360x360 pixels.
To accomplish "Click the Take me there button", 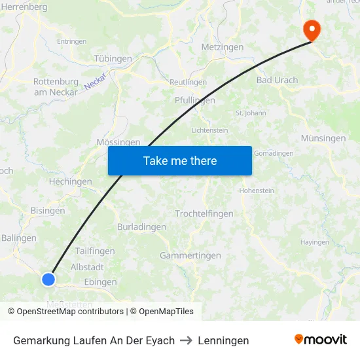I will click(x=180, y=160).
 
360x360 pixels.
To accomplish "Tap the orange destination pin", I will click(x=311, y=29).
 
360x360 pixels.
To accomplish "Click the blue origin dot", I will click(x=48, y=279).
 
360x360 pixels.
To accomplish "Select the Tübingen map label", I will click(x=113, y=59).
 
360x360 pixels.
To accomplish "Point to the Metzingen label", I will click(x=223, y=47).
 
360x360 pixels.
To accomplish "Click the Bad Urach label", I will click(x=277, y=81).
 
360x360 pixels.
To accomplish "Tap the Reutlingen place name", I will click(x=188, y=82).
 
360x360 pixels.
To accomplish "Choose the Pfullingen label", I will click(x=195, y=100).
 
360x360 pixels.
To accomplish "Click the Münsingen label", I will click(x=323, y=139).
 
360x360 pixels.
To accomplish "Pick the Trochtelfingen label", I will click(x=204, y=214).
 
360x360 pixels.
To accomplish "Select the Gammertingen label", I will click(x=190, y=256).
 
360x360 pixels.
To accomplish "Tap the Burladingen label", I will click(x=141, y=227).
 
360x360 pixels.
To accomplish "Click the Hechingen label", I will click(x=71, y=182).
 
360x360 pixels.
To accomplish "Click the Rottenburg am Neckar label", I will click(x=56, y=87).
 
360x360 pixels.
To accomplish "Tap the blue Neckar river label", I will click(x=95, y=81).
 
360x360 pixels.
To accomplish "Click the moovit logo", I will click(x=321, y=340).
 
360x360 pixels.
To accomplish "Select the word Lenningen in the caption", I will click(x=223, y=340).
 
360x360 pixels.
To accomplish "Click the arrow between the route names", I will click(x=187, y=340).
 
